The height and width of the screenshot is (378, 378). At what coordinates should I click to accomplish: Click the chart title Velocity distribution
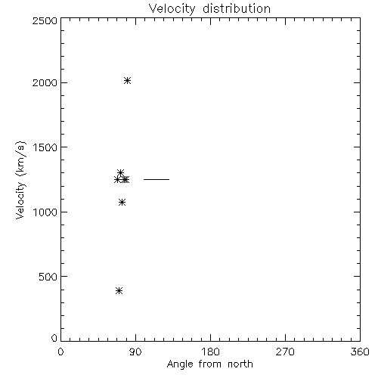(x=209, y=9)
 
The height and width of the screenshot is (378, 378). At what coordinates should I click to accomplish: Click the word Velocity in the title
(x=172, y=9)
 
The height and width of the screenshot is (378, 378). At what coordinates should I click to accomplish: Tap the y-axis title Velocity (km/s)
(x=20, y=180)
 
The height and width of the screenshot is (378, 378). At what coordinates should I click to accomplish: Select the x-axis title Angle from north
(x=210, y=364)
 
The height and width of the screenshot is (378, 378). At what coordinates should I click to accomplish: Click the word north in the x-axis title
(x=240, y=364)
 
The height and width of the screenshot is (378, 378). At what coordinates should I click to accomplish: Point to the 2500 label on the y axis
(x=45, y=20)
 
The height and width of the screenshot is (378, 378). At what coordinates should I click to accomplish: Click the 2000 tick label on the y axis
(x=45, y=82)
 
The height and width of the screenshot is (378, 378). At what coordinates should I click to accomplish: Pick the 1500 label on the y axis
(x=45, y=147)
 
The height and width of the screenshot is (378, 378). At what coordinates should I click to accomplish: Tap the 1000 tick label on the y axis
(x=45, y=212)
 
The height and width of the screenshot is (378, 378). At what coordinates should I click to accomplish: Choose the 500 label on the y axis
(x=48, y=277)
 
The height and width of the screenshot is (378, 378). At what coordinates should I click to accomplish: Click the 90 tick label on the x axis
(x=135, y=352)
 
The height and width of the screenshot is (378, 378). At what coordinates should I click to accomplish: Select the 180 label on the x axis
(x=210, y=352)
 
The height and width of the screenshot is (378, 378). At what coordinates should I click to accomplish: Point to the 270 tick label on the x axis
(x=285, y=352)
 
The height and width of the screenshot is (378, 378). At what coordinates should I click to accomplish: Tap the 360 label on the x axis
(x=360, y=352)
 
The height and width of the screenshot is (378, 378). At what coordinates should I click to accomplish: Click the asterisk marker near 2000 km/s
(x=127, y=81)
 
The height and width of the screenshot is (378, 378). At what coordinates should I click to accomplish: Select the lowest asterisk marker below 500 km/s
(x=119, y=291)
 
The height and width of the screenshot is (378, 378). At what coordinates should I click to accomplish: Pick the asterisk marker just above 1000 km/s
(x=122, y=203)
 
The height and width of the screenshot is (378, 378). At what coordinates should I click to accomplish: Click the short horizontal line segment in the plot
(x=156, y=179)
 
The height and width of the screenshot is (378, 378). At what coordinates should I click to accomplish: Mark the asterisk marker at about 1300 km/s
(x=120, y=173)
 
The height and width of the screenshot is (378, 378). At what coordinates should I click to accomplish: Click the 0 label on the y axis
(x=54, y=338)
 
